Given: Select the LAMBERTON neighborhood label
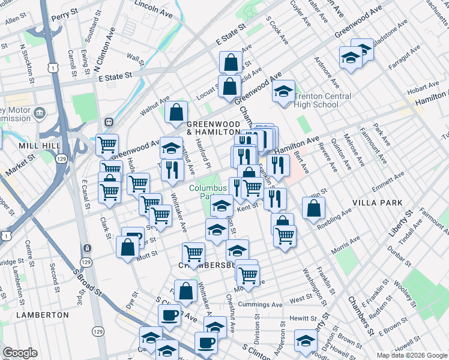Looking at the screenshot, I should point(43,314).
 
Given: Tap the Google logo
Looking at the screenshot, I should point(20,353).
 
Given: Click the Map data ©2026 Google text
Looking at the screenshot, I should point(411,355).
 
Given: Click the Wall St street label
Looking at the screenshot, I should point(136,59).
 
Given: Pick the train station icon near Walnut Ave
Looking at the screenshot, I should point(109,121).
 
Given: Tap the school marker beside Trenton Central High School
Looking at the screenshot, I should point(283,92).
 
